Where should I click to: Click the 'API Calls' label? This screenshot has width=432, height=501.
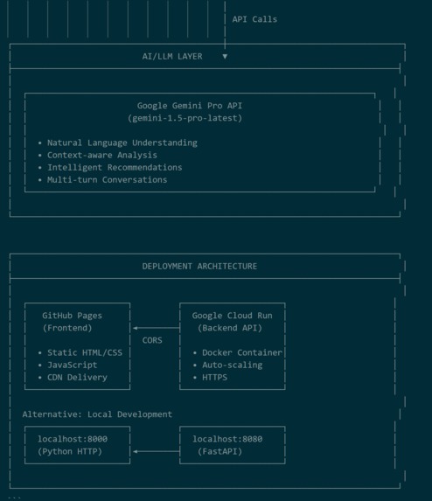[x=254, y=19]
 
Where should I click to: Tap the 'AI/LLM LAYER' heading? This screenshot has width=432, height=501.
[x=172, y=57]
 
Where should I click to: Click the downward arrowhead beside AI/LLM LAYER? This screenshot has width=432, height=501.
[x=225, y=57]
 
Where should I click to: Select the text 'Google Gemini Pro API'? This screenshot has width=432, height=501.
[x=190, y=106]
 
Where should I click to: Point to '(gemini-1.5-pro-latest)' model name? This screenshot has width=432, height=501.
[x=185, y=118]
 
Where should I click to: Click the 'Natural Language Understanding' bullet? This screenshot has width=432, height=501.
[x=122, y=143]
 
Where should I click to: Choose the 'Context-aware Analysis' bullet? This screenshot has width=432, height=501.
[x=102, y=156]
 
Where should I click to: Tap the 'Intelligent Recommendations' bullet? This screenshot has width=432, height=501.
[x=115, y=167]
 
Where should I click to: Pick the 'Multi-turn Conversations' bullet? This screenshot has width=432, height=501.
[x=107, y=180]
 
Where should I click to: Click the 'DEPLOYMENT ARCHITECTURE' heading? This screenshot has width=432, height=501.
[x=199, y=267]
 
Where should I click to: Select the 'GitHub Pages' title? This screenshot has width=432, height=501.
[x=73, y=316]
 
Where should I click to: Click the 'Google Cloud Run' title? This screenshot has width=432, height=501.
[x=233, y=316]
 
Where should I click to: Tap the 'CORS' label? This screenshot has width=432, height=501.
[x=152, y=340]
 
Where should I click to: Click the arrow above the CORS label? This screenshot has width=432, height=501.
[x=157, y=328]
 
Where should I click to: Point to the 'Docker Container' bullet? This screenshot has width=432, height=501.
[x=242, y=352]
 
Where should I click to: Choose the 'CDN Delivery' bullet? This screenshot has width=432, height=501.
[x=77, y=378]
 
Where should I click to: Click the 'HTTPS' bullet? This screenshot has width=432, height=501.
[x=215, y=378]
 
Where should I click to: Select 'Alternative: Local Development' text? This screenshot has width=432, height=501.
[x=97, y=414]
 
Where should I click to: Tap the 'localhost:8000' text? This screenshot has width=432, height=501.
[x=73, y=439]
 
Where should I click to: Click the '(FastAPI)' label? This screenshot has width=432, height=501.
[x=219, y=451]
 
